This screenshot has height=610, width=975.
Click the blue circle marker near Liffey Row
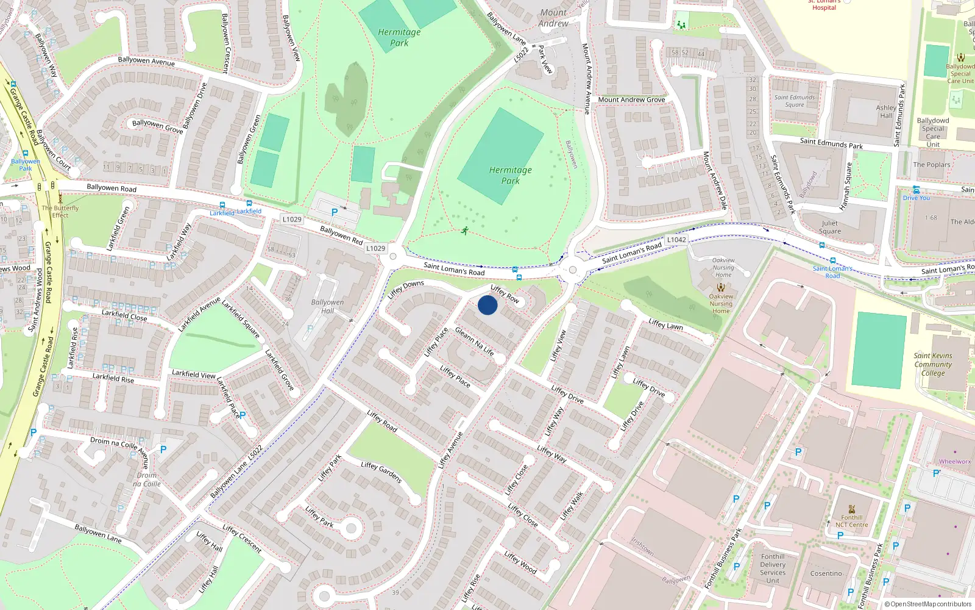pyautogui.click(x=487, y=305)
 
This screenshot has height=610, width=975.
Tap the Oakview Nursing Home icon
pyautogui.click(x=721, y=287)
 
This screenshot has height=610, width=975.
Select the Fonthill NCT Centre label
pyautogui.click(x=851, y=521)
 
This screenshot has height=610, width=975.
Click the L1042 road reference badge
pyautogui.click(x=676, y=240)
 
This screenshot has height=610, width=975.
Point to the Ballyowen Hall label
pyautogui.click(x=327, y=306)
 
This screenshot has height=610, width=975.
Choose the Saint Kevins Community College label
pyautogui.click(x=932, y=364)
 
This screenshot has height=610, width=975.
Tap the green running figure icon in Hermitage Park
pyautogui.click(x=465, y=231)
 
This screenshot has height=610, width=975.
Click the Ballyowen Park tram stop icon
pyautogui.click(x=25, y=154)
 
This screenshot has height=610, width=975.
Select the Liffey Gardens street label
pyautogui.click(x=381, y=473)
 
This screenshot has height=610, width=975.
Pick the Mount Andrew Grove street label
pyautogui.click(x=631, y=99)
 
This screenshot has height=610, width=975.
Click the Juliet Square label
pyautogui.click(x=829, y=227)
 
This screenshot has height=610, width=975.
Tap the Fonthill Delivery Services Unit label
pyautogui.click(x=773, y=569)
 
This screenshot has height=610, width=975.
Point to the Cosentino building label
pyautogui.click(x=826, y=573)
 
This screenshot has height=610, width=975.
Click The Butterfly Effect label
pyautogui.click(x=60, y=211)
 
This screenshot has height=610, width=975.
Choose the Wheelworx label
pyautogui.click(x=954, y=462)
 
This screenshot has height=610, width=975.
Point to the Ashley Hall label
pyautogui.click(x=886, y=112)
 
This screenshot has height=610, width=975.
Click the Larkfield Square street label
pyautogui.click(x=241, y=319)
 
